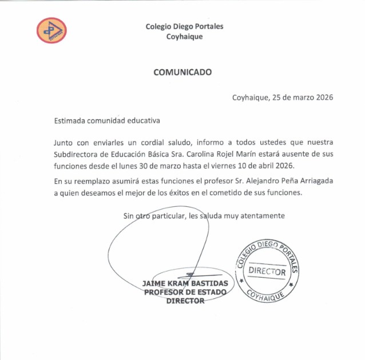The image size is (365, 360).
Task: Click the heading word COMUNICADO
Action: [x=182, y=72]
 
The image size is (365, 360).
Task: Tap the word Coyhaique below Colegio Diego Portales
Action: [x=184, y=37]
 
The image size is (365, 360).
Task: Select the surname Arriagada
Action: [x=312, y=181]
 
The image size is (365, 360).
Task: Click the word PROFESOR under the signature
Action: [x=164, y=292]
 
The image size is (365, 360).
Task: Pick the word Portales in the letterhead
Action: [x=208, y=26]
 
